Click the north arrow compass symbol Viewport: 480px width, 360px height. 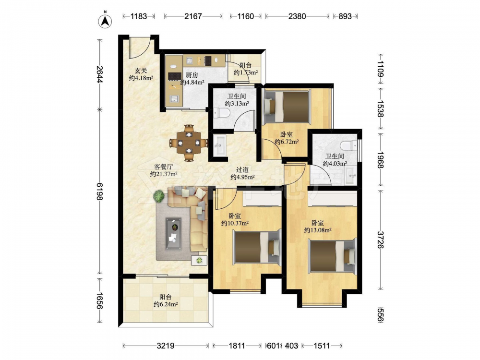[x=105, y=20]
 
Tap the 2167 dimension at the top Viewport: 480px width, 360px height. [x=193, y=16]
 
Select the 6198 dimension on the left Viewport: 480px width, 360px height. [x=100, y=192]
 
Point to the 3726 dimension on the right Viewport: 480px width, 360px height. [x=381, y=240]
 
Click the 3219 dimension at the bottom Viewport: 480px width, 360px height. [x=166, y=346]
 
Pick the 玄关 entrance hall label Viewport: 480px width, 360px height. [x=141, y=71]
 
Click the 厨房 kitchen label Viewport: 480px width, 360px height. [x=192, y=75]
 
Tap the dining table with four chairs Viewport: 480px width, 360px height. [x=189, y=143]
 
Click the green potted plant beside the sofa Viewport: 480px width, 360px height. [x=158, y=196]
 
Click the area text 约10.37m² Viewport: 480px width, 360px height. [x=235, y=224]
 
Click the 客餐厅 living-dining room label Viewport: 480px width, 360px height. [x=164, y=167]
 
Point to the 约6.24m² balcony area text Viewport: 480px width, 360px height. [x=166, y=305]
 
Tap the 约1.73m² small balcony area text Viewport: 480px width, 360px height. [x=245, y=72]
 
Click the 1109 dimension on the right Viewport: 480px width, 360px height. [x=381, y=69]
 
